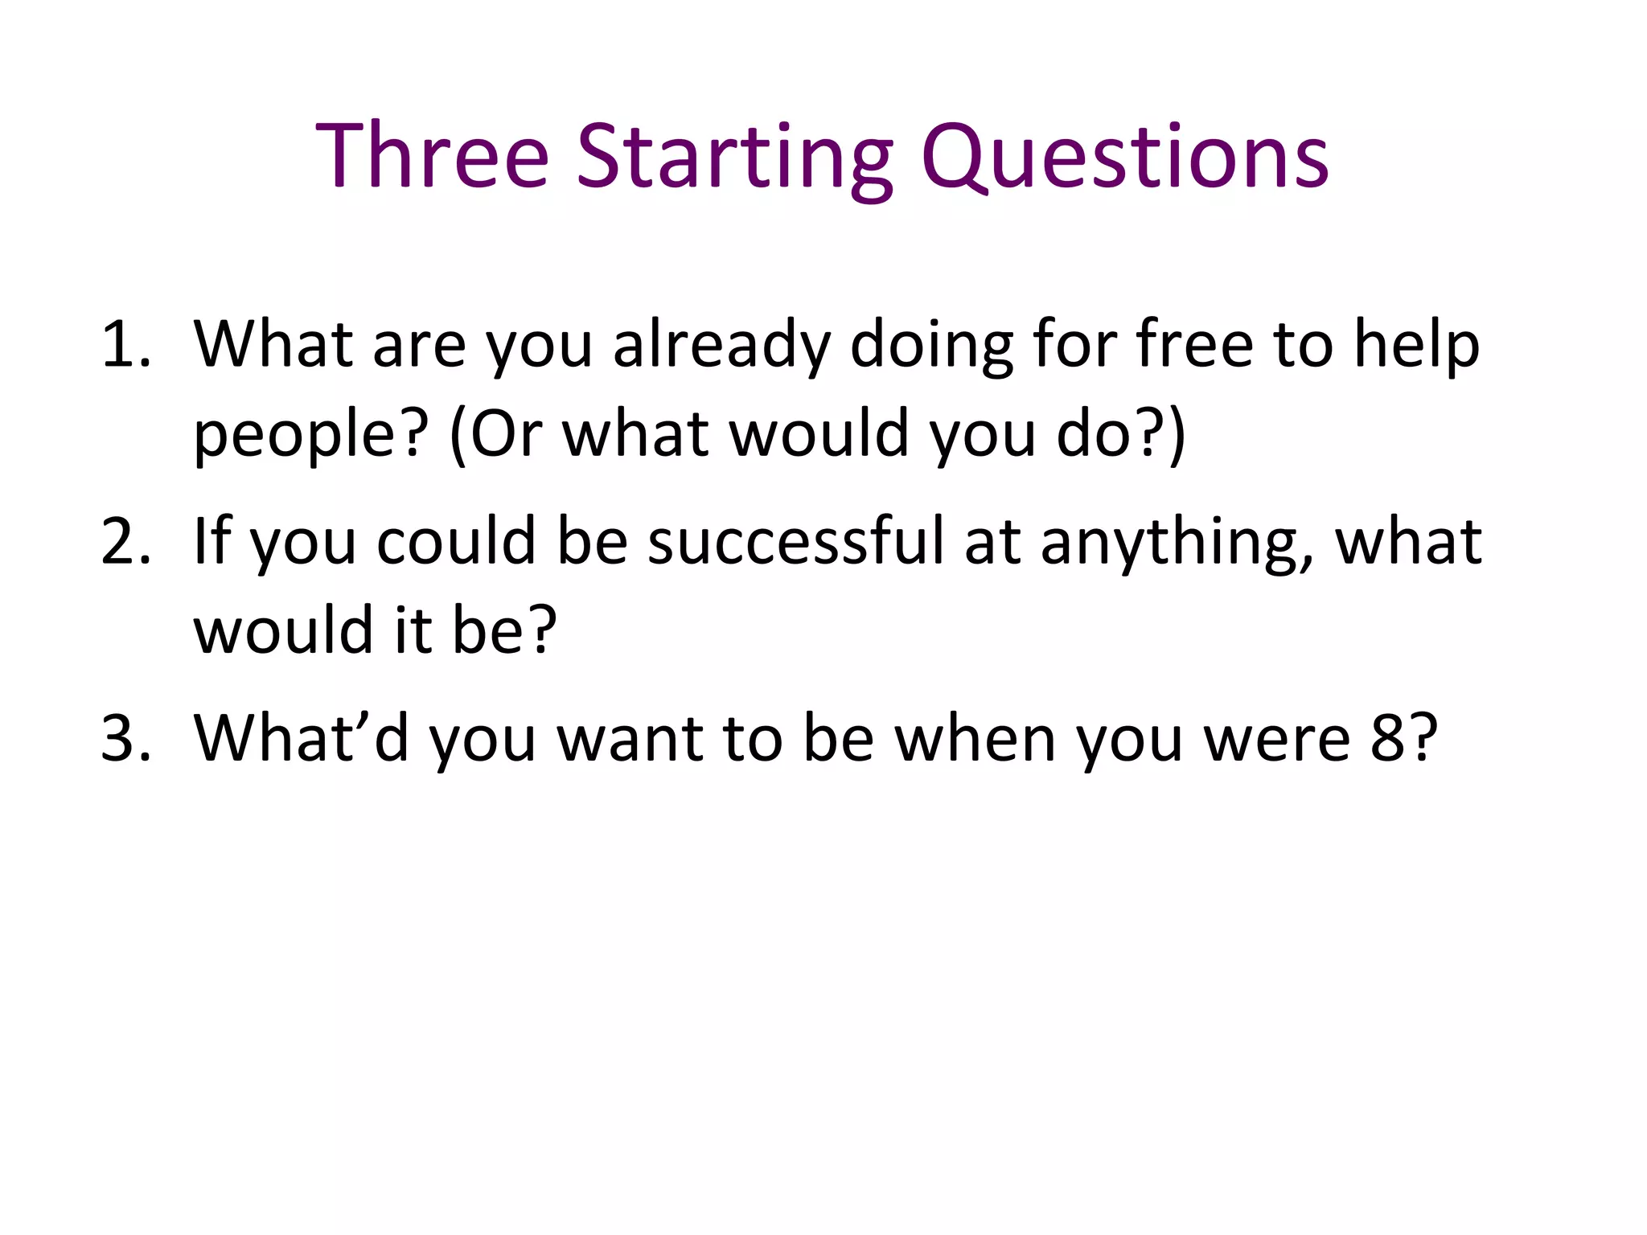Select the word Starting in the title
coord(734,157)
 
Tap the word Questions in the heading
coord(1124,157)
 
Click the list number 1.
coord(125,344)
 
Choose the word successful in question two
coord(795,541)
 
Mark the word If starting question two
coord(213,541)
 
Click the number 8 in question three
coord(1387,738)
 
